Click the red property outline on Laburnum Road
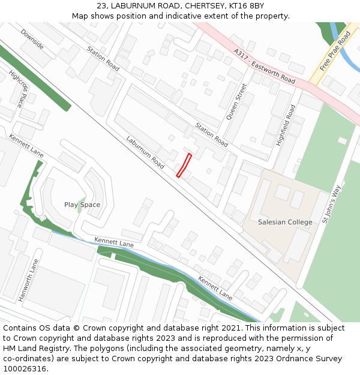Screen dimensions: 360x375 click(x=184, y=165)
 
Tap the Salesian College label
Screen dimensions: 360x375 click(x=285, y=222)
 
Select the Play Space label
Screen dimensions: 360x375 click(x=82, y=205)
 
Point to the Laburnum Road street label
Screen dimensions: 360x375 click(x=145, y=152)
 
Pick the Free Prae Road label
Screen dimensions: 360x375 click(x=335, y=51)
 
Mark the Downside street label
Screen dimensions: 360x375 click(x=32, y=39)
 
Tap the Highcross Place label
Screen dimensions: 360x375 click(x=18, y=88)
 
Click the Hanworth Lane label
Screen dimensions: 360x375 click(x=28, y=280)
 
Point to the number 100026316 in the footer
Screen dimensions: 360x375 click(x=24, y=369)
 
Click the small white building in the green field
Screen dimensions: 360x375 click(x=342, y=140)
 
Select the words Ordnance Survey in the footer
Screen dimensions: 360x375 click(x=311, y=359)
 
